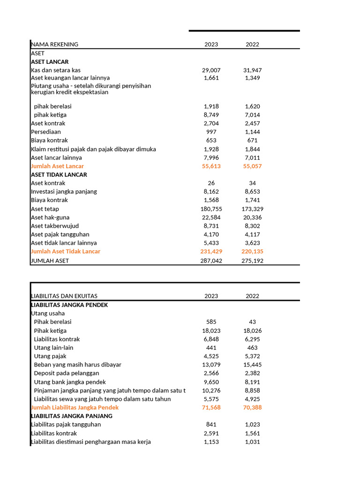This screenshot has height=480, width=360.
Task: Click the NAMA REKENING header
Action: pos(55,45)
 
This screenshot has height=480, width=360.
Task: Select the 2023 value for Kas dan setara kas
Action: pos(211,70)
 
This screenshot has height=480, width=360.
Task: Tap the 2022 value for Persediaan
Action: pos(252,132)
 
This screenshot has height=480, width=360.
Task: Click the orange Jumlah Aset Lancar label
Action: pos(58,166)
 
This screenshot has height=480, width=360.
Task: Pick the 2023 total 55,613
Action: pos(211,166)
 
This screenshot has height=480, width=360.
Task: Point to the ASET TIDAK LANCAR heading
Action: pos(59,175)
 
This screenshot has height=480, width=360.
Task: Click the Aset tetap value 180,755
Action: pos(211,209)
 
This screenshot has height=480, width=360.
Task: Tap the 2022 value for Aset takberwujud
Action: pos(252,226)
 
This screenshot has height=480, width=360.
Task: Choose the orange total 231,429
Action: pos(211,252)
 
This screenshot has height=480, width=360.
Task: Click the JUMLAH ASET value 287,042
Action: pos(211,261)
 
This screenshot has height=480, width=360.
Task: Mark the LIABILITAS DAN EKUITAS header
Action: pos(64,296)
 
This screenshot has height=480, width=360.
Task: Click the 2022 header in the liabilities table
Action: pos(252,296)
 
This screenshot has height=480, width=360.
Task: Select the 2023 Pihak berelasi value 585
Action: pos(211,322)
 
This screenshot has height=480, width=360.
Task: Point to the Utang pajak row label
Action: pos(50,356)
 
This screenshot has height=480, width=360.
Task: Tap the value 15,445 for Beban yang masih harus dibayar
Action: pos(252,365)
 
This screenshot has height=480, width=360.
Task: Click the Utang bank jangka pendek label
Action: pos(70,382)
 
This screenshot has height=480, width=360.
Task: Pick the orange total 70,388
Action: pos(252,408)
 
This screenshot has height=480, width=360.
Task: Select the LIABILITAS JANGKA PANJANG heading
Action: pos(72,416)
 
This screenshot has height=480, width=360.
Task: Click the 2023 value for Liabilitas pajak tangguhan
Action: pos(211,425)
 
